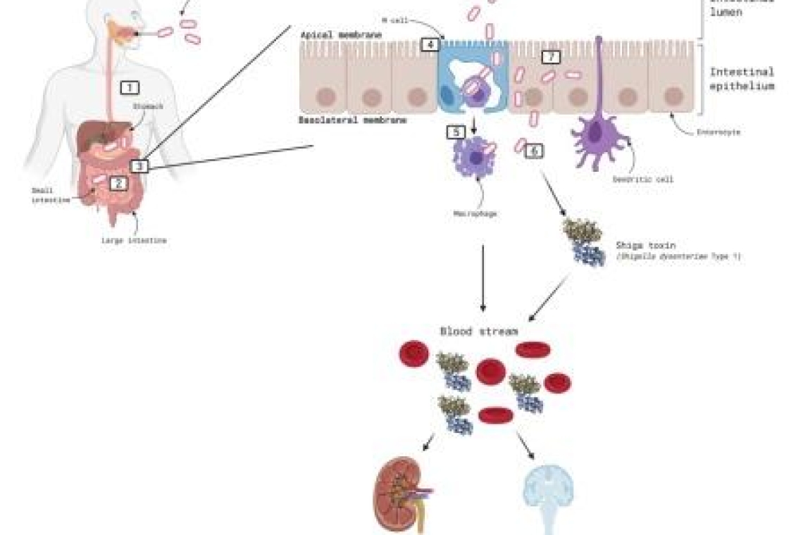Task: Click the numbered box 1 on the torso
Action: tap(130, 87)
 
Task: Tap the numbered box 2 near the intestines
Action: tap(118, 183)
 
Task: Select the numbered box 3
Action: tap(139, 166)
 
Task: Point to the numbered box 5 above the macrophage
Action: tap(456, 131)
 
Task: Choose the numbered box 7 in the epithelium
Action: tap(551, 56)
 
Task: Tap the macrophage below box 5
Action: tap(473, 158)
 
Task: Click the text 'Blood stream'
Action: tap(479, 331)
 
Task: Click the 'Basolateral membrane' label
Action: tap(353, 120)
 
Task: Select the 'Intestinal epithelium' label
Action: tap(741, 79)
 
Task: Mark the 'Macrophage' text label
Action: tap(475, 213)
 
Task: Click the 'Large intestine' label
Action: tap(133, 240)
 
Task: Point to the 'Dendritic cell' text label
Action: tap(643, 180)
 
